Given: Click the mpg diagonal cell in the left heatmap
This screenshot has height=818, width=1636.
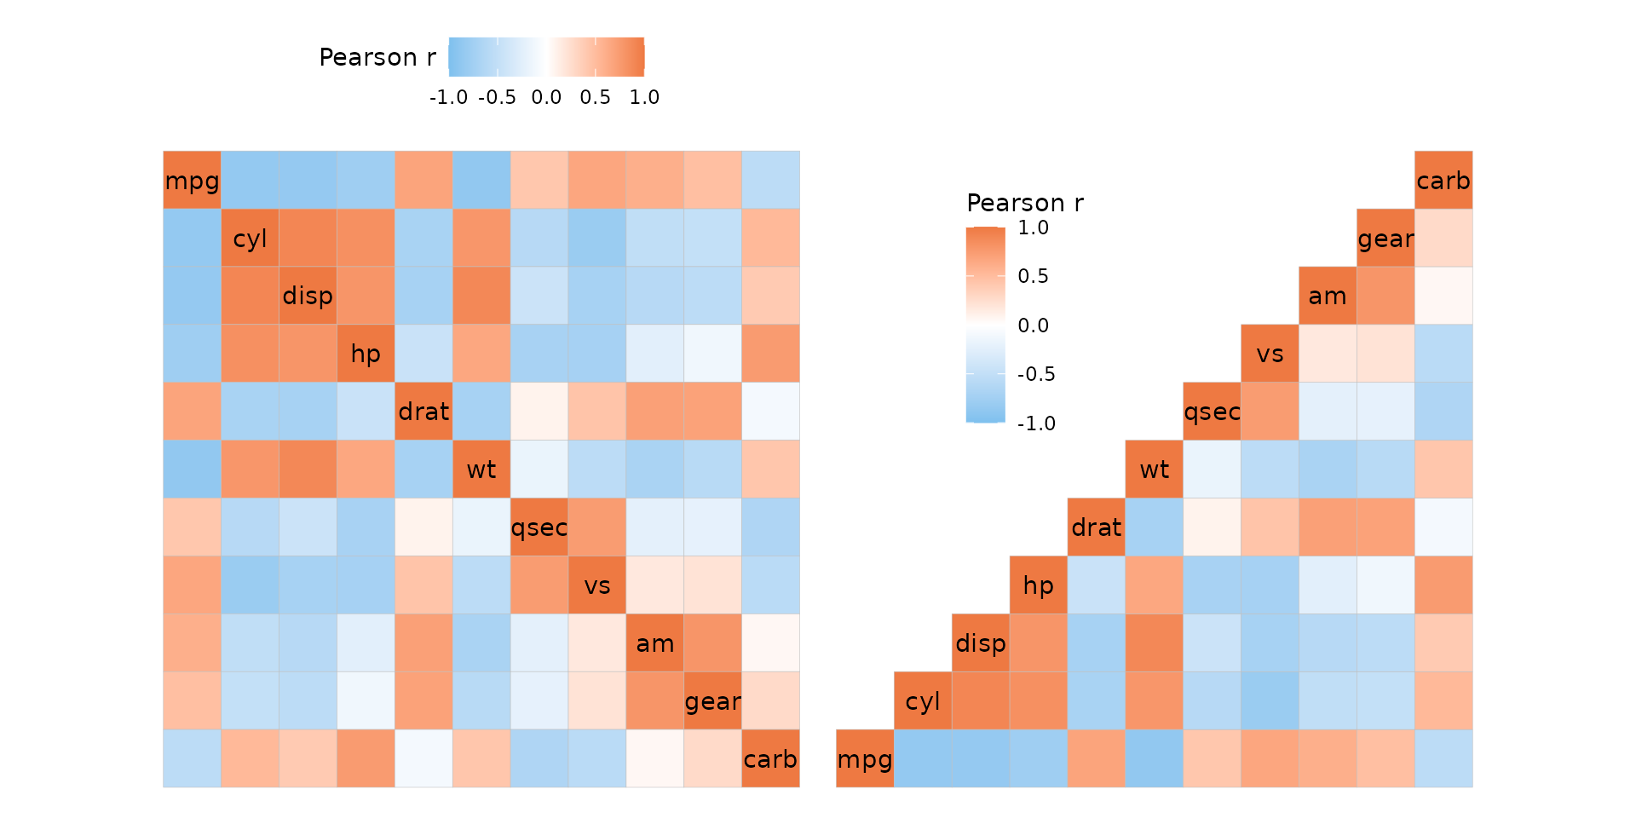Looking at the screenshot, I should (192, 181).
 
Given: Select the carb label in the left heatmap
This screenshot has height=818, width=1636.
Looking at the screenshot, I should (770, 759).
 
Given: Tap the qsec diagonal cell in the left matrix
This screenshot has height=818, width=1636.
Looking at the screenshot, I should (539, 527).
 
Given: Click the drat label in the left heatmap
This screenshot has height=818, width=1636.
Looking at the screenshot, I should (423, 412).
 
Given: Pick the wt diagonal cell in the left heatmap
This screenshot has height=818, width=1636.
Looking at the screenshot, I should (481, 469).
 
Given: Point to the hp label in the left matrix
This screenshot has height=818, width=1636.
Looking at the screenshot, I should (366, 354).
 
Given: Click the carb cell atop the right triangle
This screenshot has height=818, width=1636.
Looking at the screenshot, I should (1443, 181).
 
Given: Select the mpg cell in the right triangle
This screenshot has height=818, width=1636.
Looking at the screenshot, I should (865, 759).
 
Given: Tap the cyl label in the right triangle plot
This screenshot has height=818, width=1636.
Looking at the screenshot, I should (923, 701).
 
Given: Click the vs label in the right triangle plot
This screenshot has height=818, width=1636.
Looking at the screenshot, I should (1270, 354).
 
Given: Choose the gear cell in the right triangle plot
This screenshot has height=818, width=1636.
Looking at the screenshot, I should (1385, 239).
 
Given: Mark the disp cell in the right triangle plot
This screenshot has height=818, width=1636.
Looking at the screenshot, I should (981, 643).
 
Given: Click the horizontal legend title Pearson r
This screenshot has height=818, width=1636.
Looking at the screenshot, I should (377, 57).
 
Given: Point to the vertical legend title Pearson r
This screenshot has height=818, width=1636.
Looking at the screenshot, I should (1025, 203).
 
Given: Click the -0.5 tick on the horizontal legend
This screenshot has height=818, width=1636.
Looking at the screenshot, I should (497, 97).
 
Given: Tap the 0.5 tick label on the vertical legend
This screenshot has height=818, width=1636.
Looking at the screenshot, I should (1033, 276).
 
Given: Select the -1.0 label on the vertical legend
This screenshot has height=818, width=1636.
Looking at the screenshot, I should (1036, 423).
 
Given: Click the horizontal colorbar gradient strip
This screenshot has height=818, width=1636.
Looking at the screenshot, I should (546, 57).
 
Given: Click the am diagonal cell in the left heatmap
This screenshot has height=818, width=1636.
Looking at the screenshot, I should (655, 643).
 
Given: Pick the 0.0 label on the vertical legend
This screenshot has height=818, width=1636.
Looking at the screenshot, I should (1033, 325).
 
